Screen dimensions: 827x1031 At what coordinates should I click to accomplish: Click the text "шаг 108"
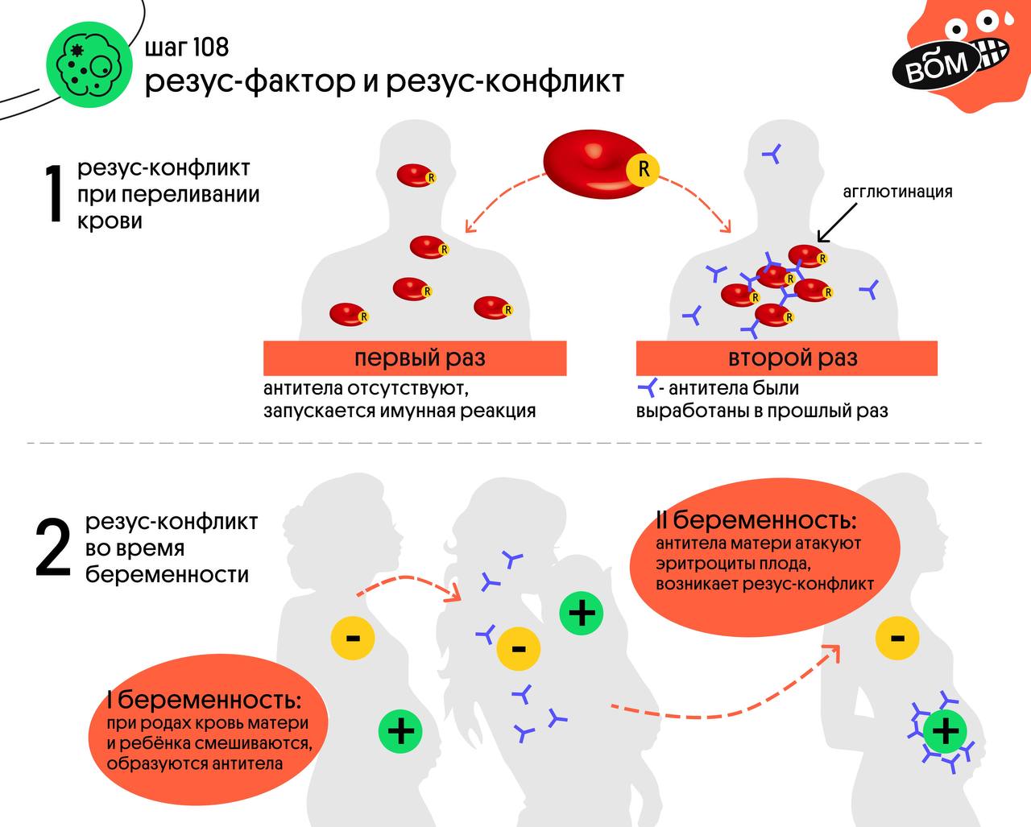coord(187,47)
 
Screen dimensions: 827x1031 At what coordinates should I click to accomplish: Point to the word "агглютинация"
coord(897,192)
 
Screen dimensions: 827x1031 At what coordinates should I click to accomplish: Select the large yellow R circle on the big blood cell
coord(643,169)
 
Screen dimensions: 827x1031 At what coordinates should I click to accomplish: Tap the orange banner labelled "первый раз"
coord(415,358)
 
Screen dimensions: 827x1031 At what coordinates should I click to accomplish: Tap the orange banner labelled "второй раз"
coord(787,358)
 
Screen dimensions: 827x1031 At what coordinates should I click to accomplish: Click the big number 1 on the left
coord(53,194)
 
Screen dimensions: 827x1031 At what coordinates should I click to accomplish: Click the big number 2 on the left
coord(54,548)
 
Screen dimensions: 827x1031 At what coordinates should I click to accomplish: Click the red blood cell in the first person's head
coord(416,174)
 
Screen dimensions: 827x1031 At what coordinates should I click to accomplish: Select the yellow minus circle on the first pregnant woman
coord(353,639)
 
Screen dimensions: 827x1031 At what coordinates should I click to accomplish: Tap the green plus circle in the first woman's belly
coord(401,730)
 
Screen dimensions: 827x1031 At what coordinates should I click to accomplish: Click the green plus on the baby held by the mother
coord(582,613)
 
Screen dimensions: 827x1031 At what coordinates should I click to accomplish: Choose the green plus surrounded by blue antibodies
coord(946,730)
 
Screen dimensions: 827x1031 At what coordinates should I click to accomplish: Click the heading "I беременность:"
coord(205,698)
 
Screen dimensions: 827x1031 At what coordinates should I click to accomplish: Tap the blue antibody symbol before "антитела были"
coord(647,388)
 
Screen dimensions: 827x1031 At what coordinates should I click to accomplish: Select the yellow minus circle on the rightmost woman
coord(897,639)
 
